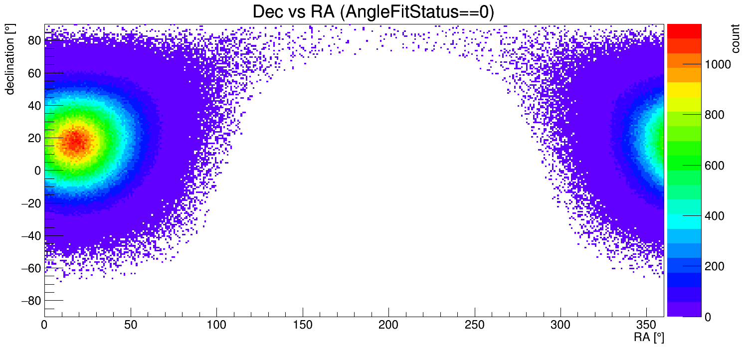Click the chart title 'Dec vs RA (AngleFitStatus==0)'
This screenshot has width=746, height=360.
[x=373, y=12]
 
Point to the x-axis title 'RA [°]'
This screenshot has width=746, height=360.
[x=649, y=337]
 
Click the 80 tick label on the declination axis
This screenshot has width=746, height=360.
[x=33, y=41]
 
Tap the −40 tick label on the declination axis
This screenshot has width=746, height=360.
[x=30, y=236]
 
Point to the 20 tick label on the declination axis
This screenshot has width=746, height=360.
[x=33, y=139]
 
